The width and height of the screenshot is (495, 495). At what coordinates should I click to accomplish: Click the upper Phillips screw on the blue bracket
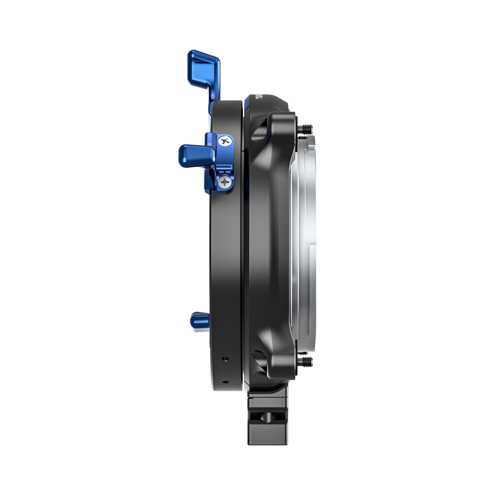[224, 141]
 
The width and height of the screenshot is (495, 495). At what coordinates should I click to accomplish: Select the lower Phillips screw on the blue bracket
[225, 181]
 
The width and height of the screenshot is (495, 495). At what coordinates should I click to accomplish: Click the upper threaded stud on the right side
[307, 128]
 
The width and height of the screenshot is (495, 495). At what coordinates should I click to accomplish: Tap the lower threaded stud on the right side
[307, 360]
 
